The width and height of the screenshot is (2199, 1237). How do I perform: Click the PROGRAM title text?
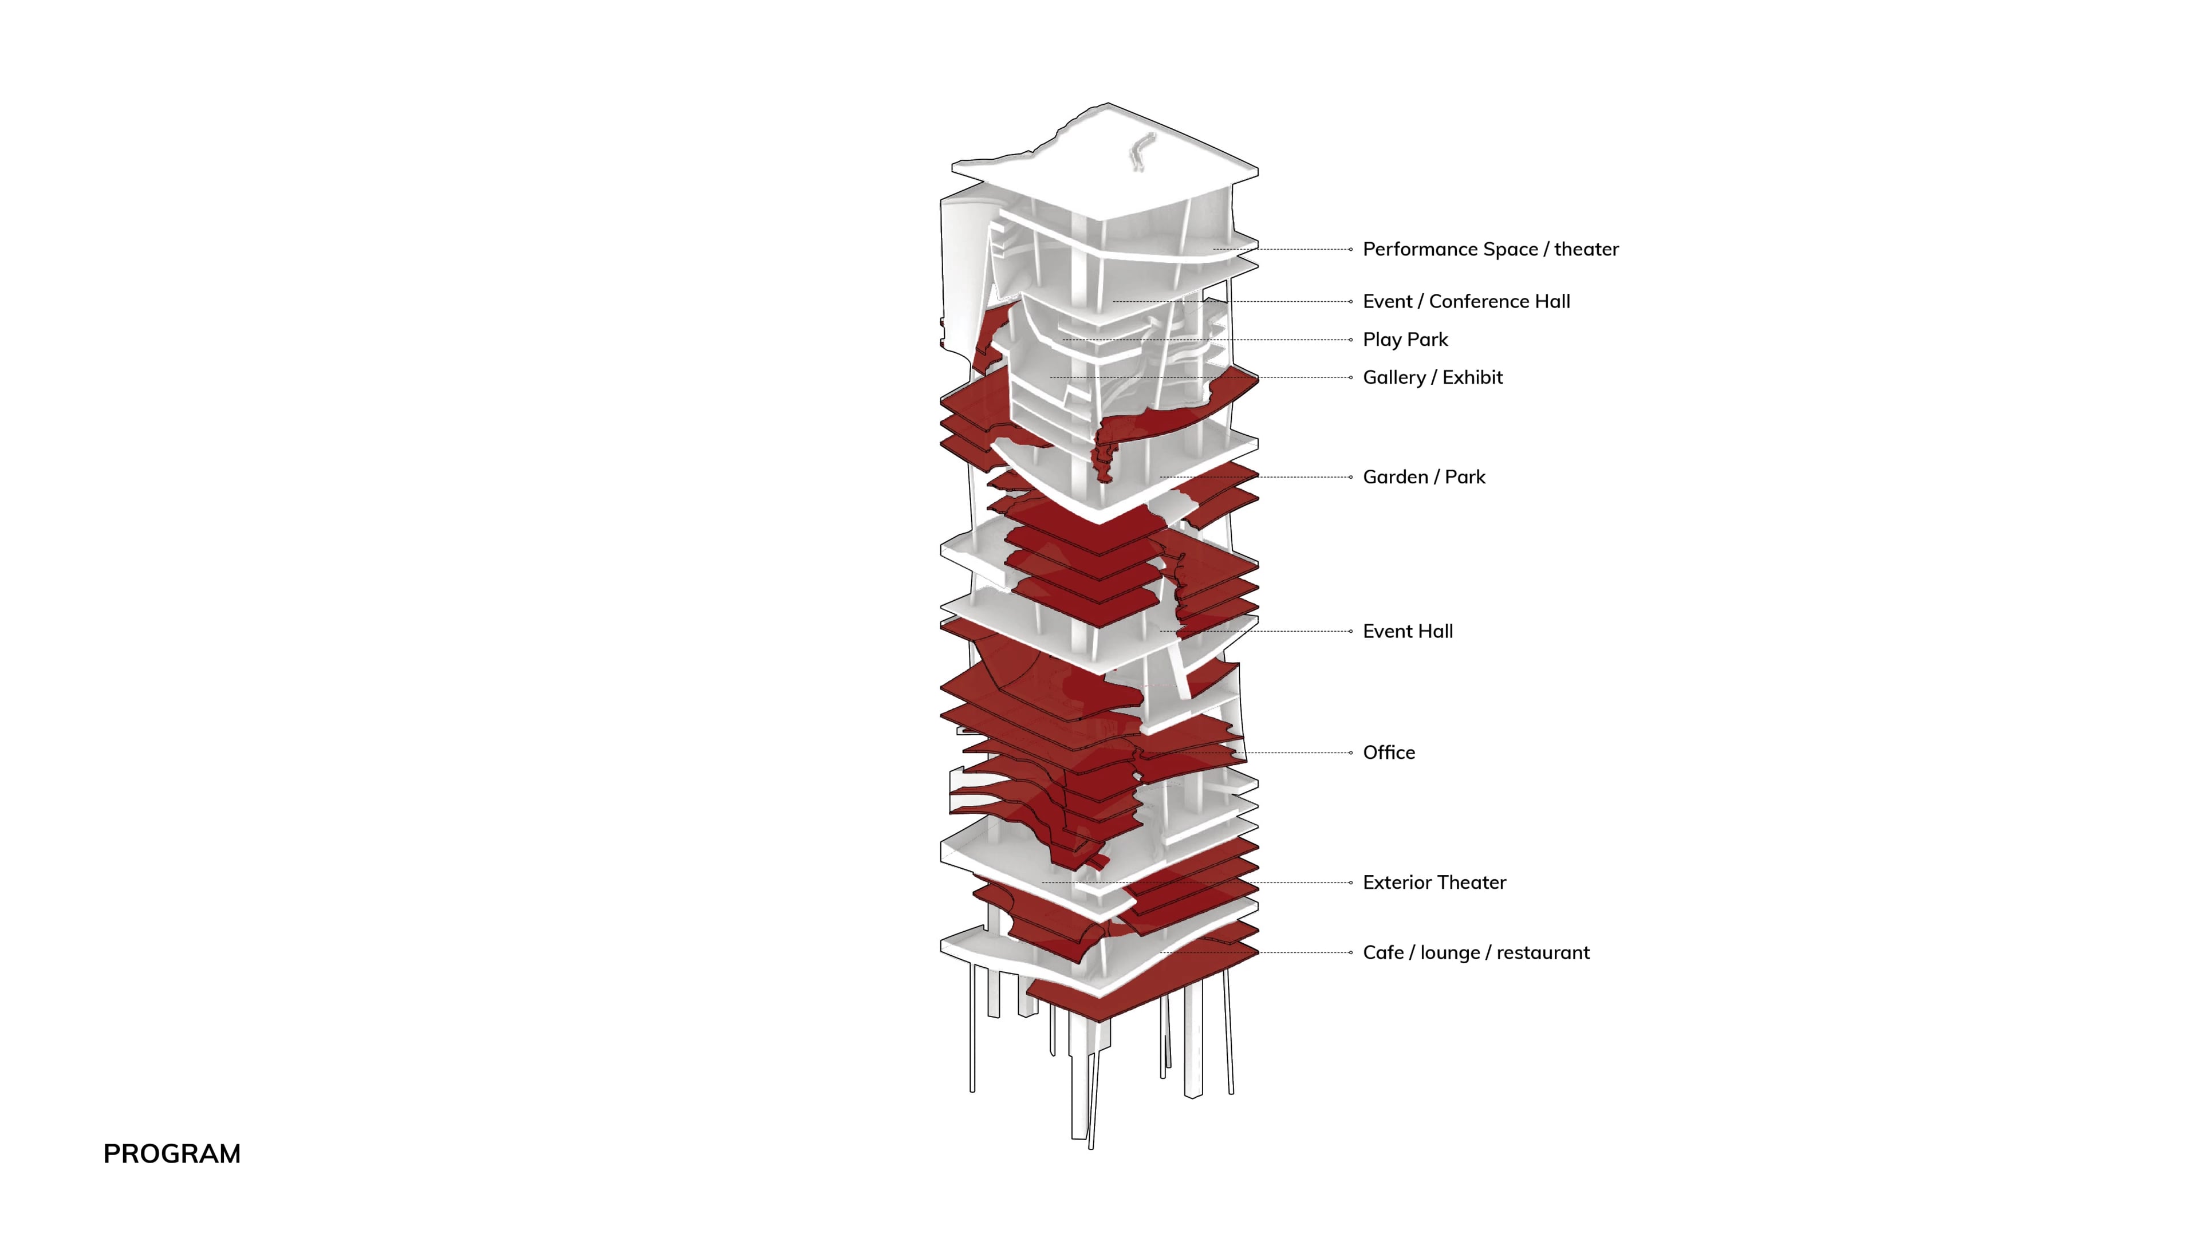click(172, 1153)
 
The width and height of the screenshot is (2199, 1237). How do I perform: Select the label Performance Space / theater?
click(1489, 249)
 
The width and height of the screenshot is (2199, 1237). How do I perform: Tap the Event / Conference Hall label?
click(1466, 301)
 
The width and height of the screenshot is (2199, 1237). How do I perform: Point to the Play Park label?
click(1405, 340)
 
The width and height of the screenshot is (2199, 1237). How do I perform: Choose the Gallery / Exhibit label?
click(1432, 377)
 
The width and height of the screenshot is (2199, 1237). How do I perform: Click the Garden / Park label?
click(1424, 477)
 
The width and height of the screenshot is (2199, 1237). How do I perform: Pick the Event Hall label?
click(1408, 632)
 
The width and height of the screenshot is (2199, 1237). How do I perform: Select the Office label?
click(1389, 753)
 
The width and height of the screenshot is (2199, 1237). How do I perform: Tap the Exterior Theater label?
click(1434, 883)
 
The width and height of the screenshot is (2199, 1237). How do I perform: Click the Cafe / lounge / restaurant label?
click(1476, 953)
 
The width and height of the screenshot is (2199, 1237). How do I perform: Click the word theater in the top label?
click(1586, 249)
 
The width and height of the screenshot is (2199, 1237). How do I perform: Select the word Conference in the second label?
click(1477, 301)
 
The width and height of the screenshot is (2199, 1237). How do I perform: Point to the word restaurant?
click(1543, 953)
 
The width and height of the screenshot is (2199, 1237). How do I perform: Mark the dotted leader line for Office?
click(1298, 753)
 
